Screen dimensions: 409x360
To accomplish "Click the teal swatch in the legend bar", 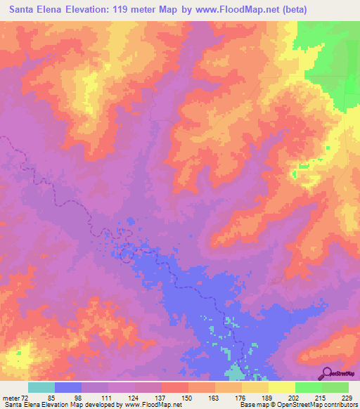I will tap(41, 387).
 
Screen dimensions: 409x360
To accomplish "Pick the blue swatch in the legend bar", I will tap(68, 387).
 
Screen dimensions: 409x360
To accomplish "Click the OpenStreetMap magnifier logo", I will tap(328, 373).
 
